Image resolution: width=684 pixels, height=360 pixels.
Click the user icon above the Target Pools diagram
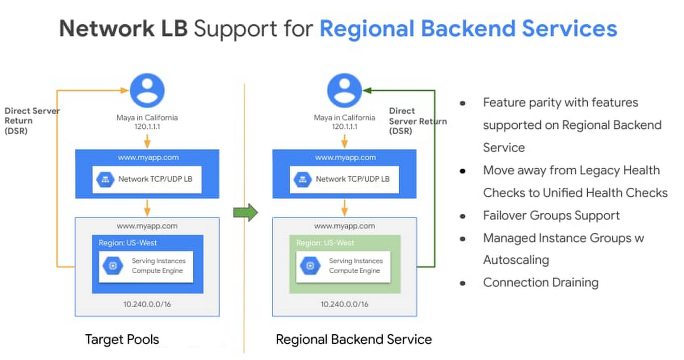point(147,91)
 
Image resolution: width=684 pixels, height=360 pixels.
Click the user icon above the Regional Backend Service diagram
point(344,91)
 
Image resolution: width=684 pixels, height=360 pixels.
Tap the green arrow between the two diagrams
point(246,212)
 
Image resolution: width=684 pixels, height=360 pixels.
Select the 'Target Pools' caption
point(122,339)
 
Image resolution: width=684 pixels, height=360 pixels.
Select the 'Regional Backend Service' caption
point(354,339)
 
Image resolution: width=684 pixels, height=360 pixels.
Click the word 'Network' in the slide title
point(106,29)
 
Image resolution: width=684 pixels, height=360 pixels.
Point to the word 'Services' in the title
point(569,29)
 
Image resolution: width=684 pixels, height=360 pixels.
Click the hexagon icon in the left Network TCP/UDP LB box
point(105,180)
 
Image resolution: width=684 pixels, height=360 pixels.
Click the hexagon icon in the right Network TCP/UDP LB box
point(303,180)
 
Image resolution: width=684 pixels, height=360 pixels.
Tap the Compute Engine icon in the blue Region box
point(113,266)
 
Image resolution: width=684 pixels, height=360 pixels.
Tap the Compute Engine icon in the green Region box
point(310,266)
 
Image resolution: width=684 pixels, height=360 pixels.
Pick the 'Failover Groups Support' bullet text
point(551,215)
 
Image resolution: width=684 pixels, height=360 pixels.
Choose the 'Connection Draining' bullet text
point(540,283)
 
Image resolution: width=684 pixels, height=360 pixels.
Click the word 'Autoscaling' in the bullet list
point(516,260)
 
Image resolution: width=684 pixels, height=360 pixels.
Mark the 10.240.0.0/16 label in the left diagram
point(147,304)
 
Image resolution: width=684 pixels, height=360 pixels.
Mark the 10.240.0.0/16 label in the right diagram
point(345,304)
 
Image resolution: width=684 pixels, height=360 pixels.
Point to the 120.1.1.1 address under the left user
point(147,127)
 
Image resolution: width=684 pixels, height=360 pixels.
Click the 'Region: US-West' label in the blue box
point(128,243)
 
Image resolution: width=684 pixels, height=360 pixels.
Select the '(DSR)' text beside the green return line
point(401,131)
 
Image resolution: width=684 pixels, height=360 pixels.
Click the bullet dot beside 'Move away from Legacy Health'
point(463,171)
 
